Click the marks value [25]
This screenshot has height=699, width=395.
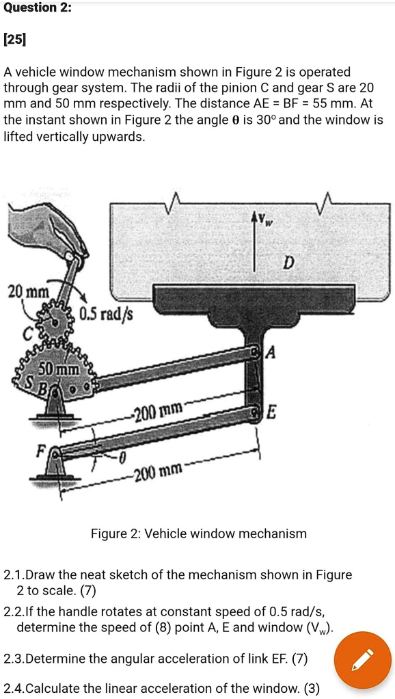point(14,40)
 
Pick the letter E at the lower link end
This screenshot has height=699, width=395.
point(272,412)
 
